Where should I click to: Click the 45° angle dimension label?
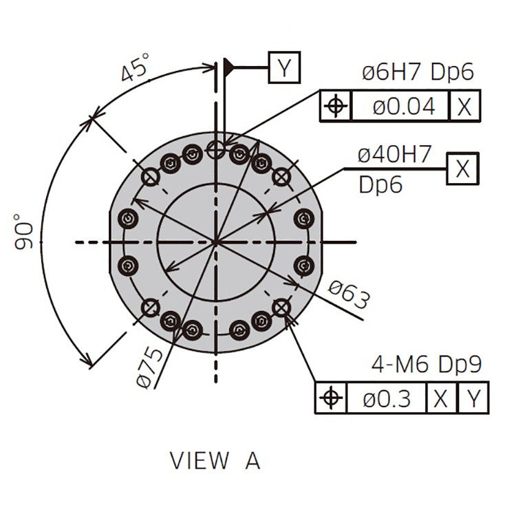point(136,68)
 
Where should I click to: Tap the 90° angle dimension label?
point(23,231)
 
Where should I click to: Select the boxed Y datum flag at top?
point(284,67)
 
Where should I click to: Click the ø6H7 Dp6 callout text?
point(418,72)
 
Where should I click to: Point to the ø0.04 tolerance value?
point(404,106)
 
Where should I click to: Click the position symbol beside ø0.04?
point(336,106)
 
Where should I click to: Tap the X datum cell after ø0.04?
point(464,106)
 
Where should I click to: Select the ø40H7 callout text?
point(394,154)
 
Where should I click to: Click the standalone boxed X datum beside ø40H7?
point(462,169)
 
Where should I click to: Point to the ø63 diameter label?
point(350,294)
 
